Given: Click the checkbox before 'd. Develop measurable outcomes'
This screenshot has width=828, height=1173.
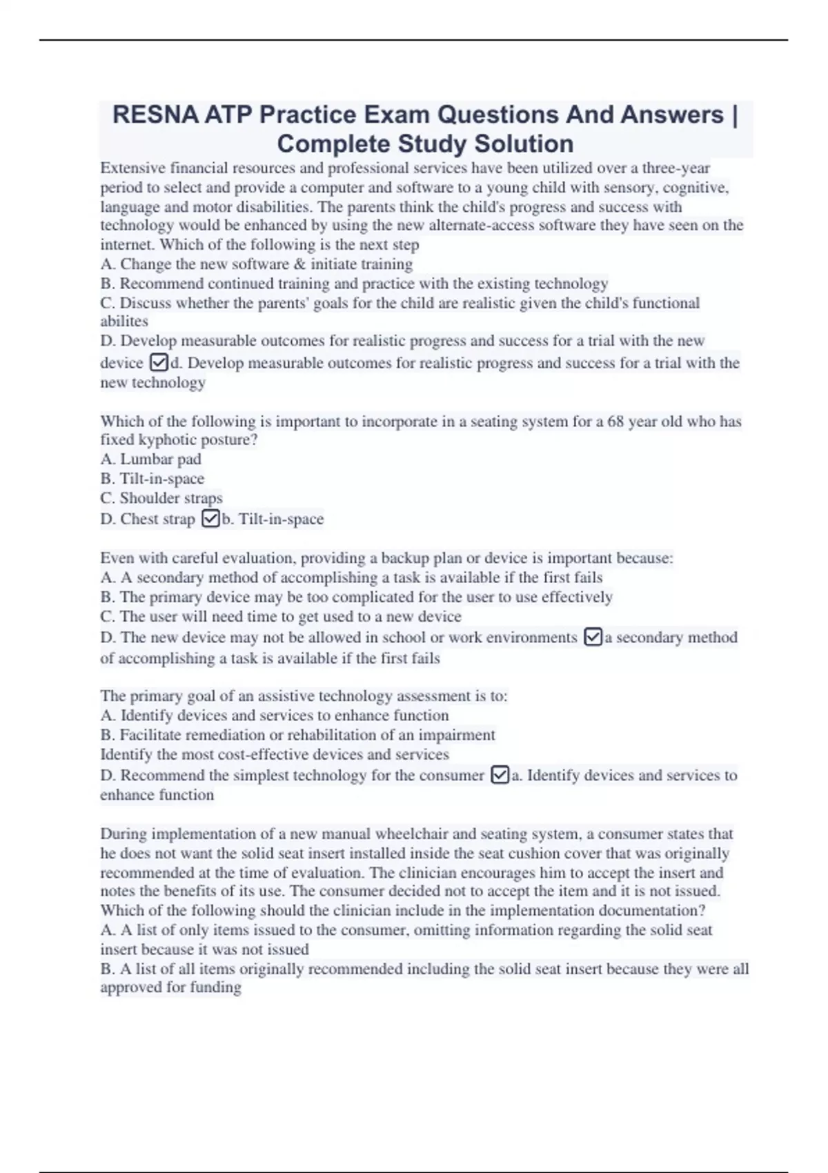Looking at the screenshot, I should (159, 362).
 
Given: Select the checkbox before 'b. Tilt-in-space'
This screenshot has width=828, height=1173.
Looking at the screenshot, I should (210, 518).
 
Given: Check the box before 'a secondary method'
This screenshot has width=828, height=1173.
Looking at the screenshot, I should (593, 637).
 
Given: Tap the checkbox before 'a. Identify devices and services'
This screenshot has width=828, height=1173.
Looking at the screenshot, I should (500, 775).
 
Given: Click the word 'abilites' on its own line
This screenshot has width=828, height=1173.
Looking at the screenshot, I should (124, 321).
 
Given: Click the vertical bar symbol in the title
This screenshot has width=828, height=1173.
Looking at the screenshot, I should (733, 115).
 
